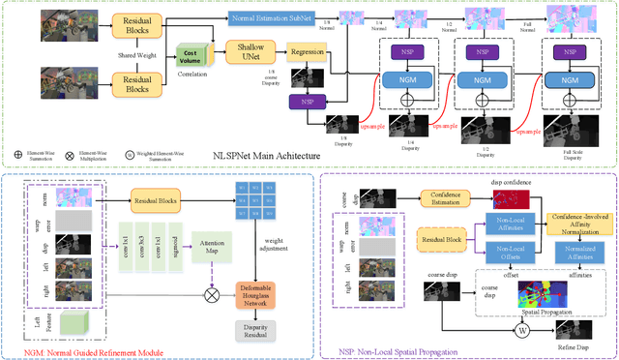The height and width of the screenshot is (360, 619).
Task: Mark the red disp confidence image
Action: tap(513, 200)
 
